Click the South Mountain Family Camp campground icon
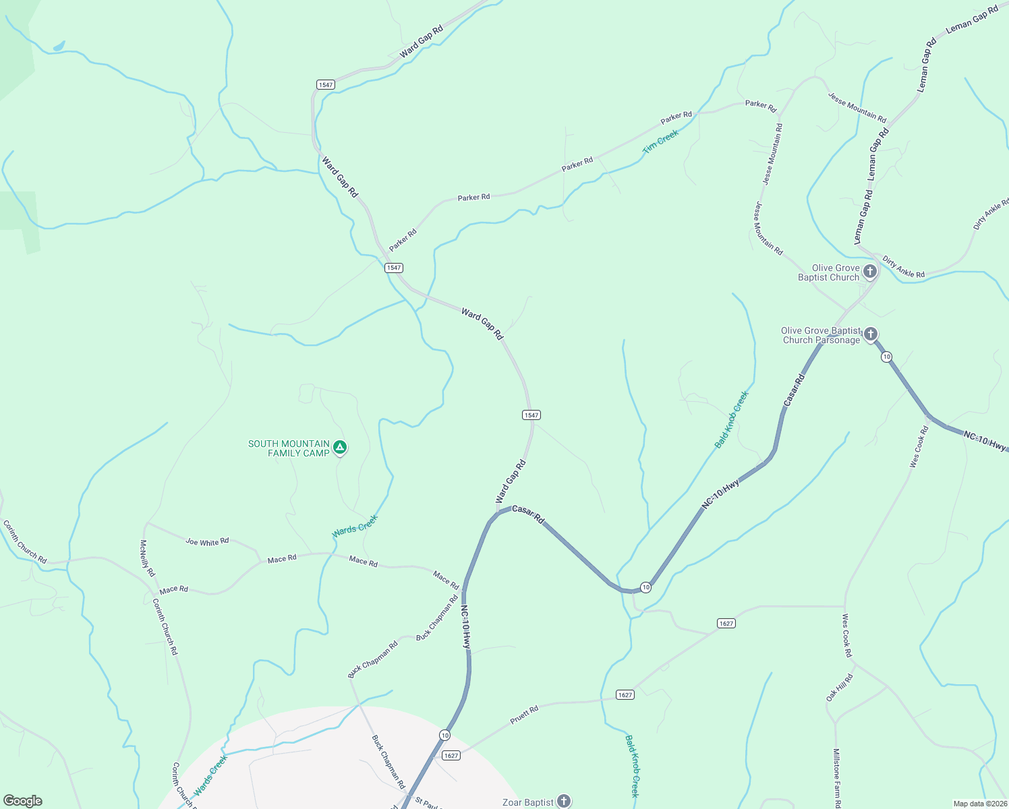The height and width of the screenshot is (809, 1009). pos(341,447)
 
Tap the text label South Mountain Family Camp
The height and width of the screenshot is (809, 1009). pos(289,448)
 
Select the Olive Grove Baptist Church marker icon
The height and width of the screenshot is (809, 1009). pos(870,272)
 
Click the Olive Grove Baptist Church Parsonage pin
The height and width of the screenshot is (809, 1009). pos(871,334)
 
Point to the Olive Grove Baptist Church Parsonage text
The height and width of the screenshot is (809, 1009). pos(821,335)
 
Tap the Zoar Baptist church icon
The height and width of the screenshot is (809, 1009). pos(564,801)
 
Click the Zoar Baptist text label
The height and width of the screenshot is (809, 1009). pos(528,802)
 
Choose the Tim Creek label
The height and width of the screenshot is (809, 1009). pos(660,142)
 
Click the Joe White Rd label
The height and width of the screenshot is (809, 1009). pos(207,541)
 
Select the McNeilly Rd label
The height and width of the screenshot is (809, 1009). pos(147,558)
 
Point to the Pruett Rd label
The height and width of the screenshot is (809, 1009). pos(524,715)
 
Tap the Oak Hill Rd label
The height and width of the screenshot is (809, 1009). pos(840,687)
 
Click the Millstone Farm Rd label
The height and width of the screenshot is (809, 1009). pos(836,777)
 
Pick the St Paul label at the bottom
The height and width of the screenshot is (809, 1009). pos(428,804)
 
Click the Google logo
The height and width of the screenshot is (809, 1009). pos(23,801)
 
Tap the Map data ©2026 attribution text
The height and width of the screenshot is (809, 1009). pos(979,804)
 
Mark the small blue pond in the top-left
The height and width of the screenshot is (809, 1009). pos(59,46)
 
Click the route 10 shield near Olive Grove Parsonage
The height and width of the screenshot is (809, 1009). pos(886,357)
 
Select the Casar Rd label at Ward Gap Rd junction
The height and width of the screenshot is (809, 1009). pos(528,514)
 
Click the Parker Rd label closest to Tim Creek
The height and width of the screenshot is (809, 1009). pos(676,117)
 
